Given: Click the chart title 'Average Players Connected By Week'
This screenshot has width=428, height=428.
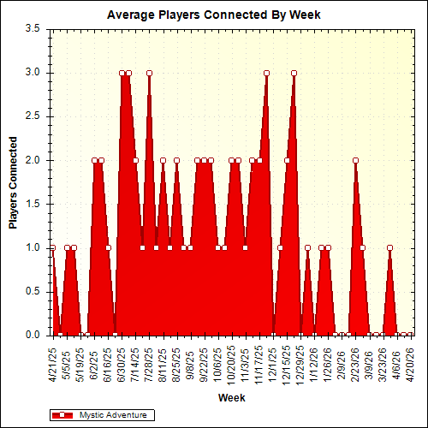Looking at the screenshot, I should (x=213, y=15).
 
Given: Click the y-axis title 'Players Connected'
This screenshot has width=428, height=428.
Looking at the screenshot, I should (x=13, y=181).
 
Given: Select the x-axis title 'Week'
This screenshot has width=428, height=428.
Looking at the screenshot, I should (x=231, y=398).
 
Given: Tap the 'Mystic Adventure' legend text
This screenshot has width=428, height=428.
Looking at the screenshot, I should (x=112, y=414).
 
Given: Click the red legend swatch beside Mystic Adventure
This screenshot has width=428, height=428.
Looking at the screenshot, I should (x=63, y=414).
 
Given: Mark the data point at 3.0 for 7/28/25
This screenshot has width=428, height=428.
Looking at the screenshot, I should (x=149, y=73).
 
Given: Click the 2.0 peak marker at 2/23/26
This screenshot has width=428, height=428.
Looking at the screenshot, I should (x=355, y=160).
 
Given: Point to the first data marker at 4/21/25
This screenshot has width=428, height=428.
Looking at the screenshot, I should (x=52, y=247).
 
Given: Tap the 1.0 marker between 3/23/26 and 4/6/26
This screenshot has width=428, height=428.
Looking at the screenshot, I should (x=389, y=247).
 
